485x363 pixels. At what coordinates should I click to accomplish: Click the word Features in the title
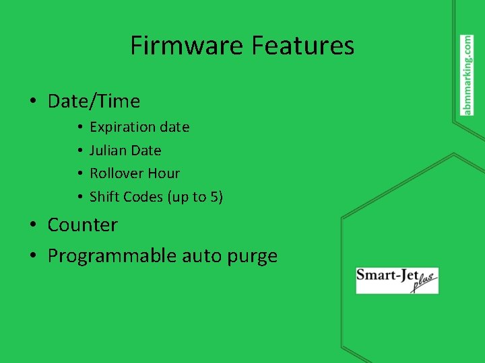click(302, 46)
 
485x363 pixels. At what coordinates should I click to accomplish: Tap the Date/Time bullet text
click(94, 102)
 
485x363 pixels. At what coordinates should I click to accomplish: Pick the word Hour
click(164, 173)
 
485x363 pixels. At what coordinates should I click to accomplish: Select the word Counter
click(82, 225)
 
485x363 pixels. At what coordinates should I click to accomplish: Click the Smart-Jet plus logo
click(397, 280)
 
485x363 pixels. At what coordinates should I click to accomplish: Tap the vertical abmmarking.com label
click(467, 75)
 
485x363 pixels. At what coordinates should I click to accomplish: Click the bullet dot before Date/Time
click(32, 102)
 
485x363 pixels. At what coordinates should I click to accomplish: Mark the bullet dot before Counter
click(32, 225)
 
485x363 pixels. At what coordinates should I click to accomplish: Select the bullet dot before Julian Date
click(79, 151)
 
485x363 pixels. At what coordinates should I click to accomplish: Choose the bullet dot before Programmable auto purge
click(32, 256)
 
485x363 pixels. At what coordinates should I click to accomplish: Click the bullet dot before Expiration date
click(79, 127)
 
